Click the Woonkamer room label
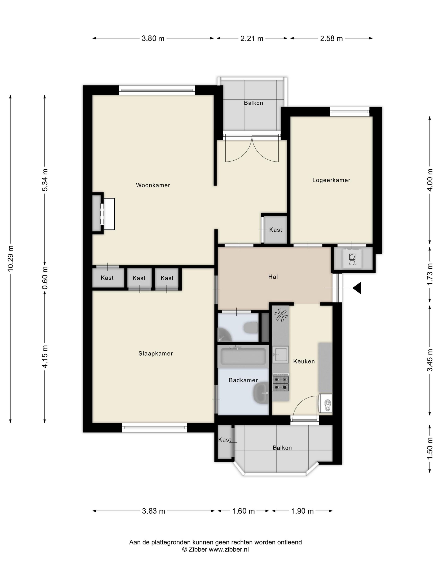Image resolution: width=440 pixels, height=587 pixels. [x=153, y=185]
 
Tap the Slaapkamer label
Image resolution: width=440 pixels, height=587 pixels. [x=156, y=353]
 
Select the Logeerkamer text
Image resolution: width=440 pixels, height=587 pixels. [x=331, y=180]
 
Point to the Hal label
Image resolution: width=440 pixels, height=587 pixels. [x=273, y=277]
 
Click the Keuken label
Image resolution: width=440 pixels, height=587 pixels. [x=304, y=361]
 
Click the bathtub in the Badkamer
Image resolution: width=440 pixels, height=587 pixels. [x=243, y=357]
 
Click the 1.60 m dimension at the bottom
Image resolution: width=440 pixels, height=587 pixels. [x=243, y=511]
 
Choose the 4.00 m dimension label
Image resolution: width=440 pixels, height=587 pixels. [x=430, y=180]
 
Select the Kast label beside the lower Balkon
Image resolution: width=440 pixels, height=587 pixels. [x=225, y=440]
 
